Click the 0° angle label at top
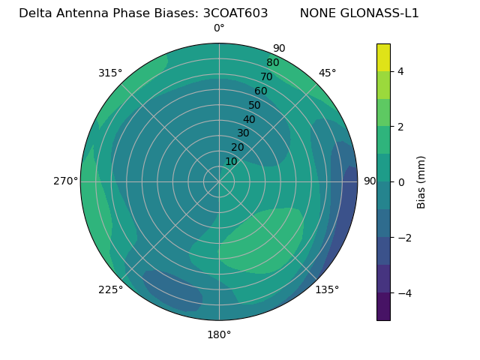point(219,28)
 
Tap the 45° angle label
point(328,73)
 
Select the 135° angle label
point(327,289)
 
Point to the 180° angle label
point(219,334)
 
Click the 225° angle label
point(110,289)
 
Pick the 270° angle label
point(65,181)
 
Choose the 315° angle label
point(110,73)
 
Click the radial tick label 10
point(231,161)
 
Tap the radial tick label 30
point(243,133)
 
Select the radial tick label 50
point(255,106)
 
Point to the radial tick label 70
point(267,76)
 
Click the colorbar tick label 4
point(401,71)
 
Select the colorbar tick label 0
point(401,181)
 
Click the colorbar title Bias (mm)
point(421,181)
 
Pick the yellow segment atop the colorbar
point(383,57)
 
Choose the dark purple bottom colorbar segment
point(383,307)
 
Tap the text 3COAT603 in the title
point(235,13)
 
